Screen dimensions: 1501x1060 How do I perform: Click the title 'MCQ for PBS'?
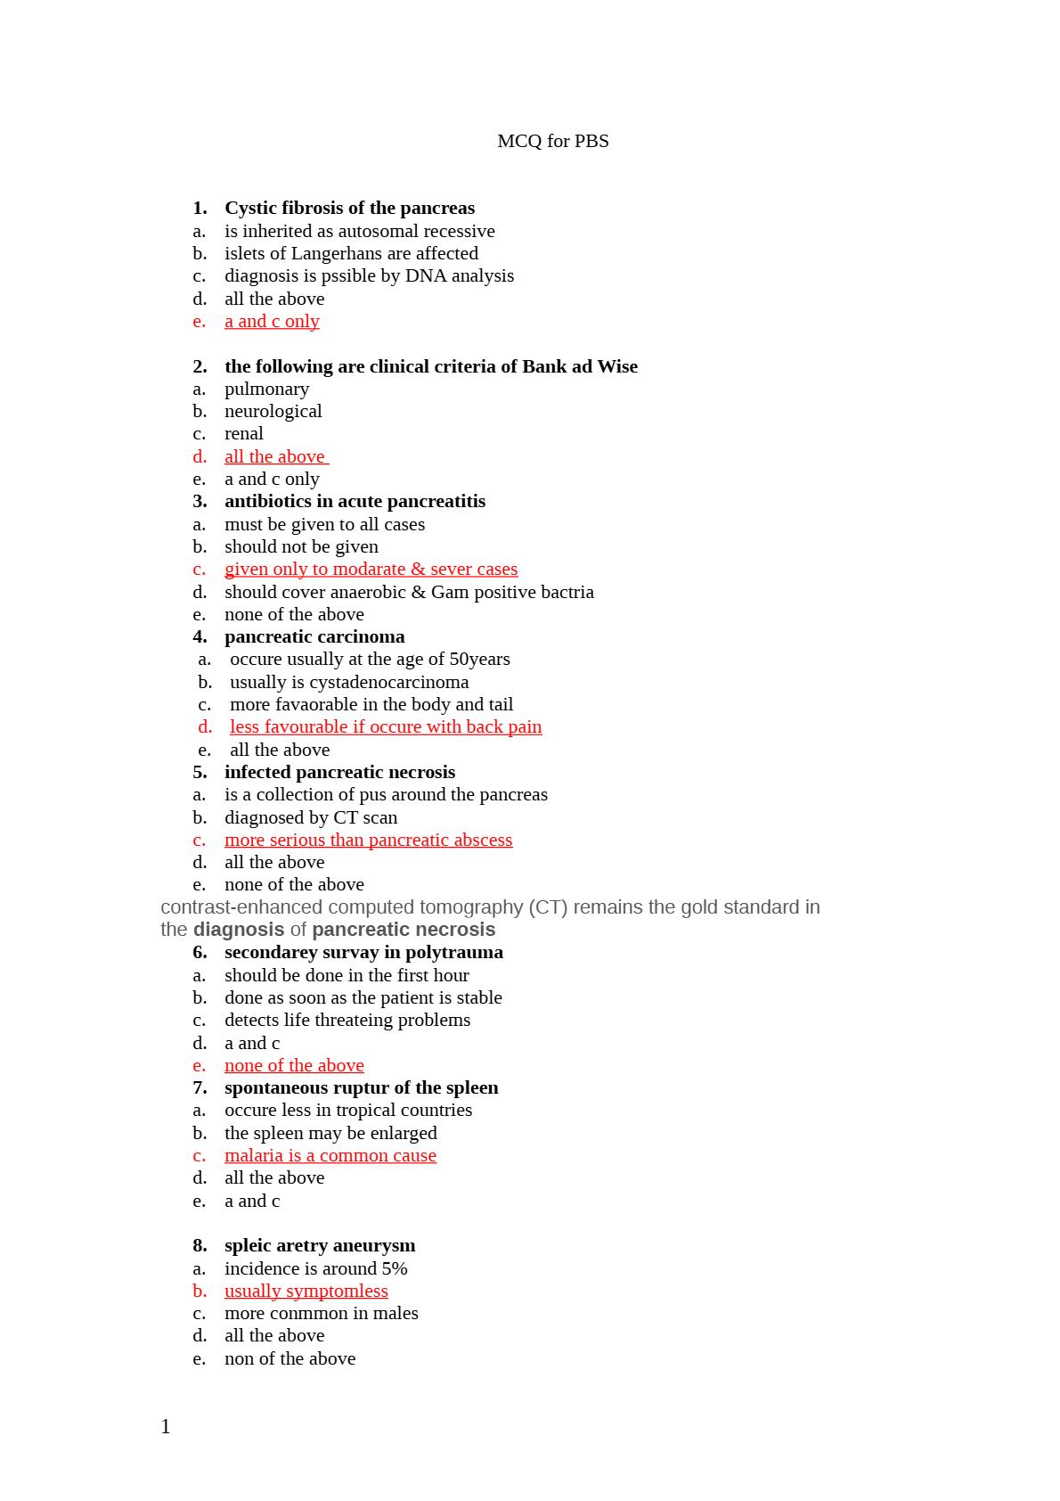coord(552,141)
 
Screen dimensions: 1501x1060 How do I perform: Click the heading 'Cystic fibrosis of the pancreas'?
coord(349,208)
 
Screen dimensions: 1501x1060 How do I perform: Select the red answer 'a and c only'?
coord(272,321)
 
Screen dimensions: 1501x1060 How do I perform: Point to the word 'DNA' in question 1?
coord(425,275)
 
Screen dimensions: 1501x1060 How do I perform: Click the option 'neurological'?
coord(273,411)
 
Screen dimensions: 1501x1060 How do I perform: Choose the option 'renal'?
coord(243,433)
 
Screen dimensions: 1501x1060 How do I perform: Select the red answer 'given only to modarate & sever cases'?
coord(371,569)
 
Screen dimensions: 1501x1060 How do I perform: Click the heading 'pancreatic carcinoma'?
coord(314,636)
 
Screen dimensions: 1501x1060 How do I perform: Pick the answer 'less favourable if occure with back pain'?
coord(386,726)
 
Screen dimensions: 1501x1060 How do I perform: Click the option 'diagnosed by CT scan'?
coord(311,817)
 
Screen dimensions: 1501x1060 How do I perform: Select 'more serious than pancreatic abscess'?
coord(368,840)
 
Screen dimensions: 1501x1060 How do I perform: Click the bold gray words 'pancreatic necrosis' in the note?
coord(404,930)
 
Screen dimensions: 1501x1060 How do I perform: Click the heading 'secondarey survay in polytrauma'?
coord(363,952)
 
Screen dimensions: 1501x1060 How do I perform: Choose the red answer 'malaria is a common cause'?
coord(330,1155)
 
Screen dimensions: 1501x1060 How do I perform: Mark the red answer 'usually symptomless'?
coord(306,1291)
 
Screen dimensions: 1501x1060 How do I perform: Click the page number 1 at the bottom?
coord(166,1427)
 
